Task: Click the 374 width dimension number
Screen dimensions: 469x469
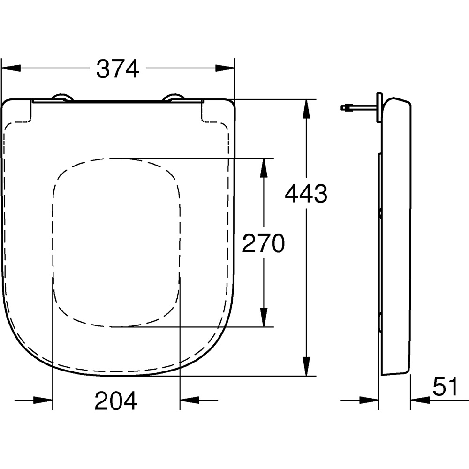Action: pyautogui.click(x=118, y=69)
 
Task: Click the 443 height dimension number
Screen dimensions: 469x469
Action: pyautogui.click(x=306, y=194)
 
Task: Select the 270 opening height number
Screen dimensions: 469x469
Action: pyautogui.click(x=263, y=244)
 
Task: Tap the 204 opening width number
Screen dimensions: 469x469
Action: pyautogui.click(x=116, y=401)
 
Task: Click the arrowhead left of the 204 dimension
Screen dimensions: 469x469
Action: pyautogui.click(x=43, y=400)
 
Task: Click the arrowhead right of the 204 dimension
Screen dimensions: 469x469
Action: pyautogui.click(x=190, y=400)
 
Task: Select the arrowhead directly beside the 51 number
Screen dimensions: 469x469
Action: pyautogui.click(x=420, y=400)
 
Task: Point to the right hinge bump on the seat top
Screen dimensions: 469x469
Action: pyautogui.click(x=173, y=97)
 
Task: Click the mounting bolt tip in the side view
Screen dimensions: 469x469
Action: pyautogui.click(x=344, y=107)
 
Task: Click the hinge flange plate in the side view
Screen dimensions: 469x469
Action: pyautogui.click(x=379, y=107)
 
